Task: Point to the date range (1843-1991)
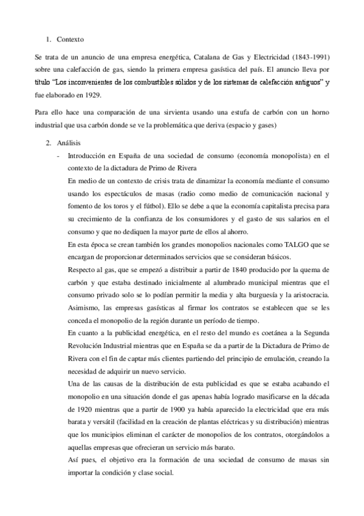click(307, 57)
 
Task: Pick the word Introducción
click(91, 156)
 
